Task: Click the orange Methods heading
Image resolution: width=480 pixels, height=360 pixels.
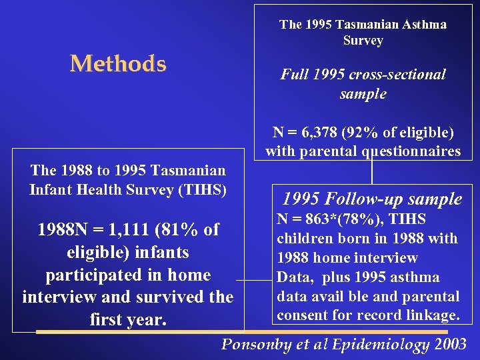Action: click(118, 64)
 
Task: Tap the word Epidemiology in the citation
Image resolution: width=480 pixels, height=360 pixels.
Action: click(381, 345)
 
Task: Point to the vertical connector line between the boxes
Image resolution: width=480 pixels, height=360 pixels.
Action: click(371, 171)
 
